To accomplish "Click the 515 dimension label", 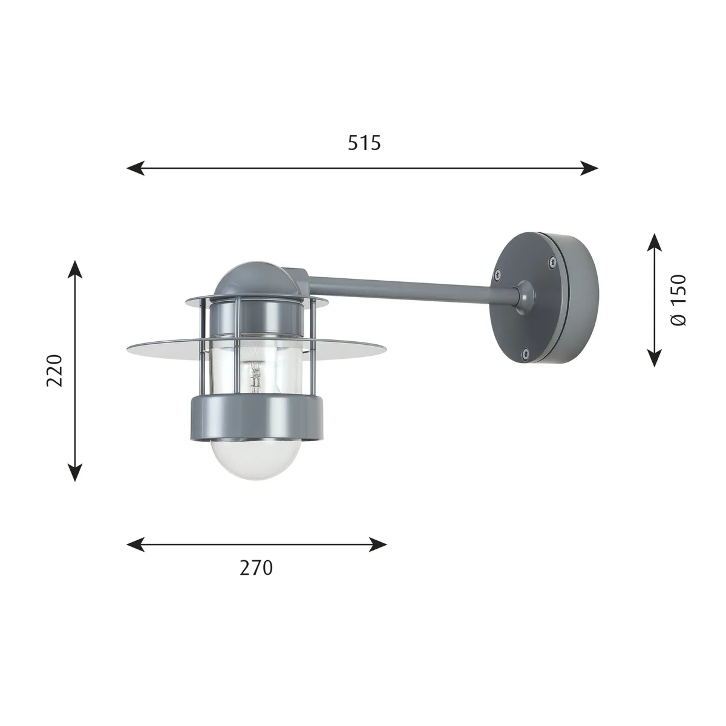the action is coord(364,143).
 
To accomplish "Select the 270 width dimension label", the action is coord(256,567).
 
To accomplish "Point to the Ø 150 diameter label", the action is coord(679,300).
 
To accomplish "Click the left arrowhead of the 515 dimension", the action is coord(136,168).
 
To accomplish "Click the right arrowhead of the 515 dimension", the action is coord(589,168).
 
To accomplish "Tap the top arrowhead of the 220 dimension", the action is coord(76,269).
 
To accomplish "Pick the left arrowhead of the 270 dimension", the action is coord(136,544).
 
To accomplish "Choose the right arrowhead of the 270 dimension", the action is coord(378,544).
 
